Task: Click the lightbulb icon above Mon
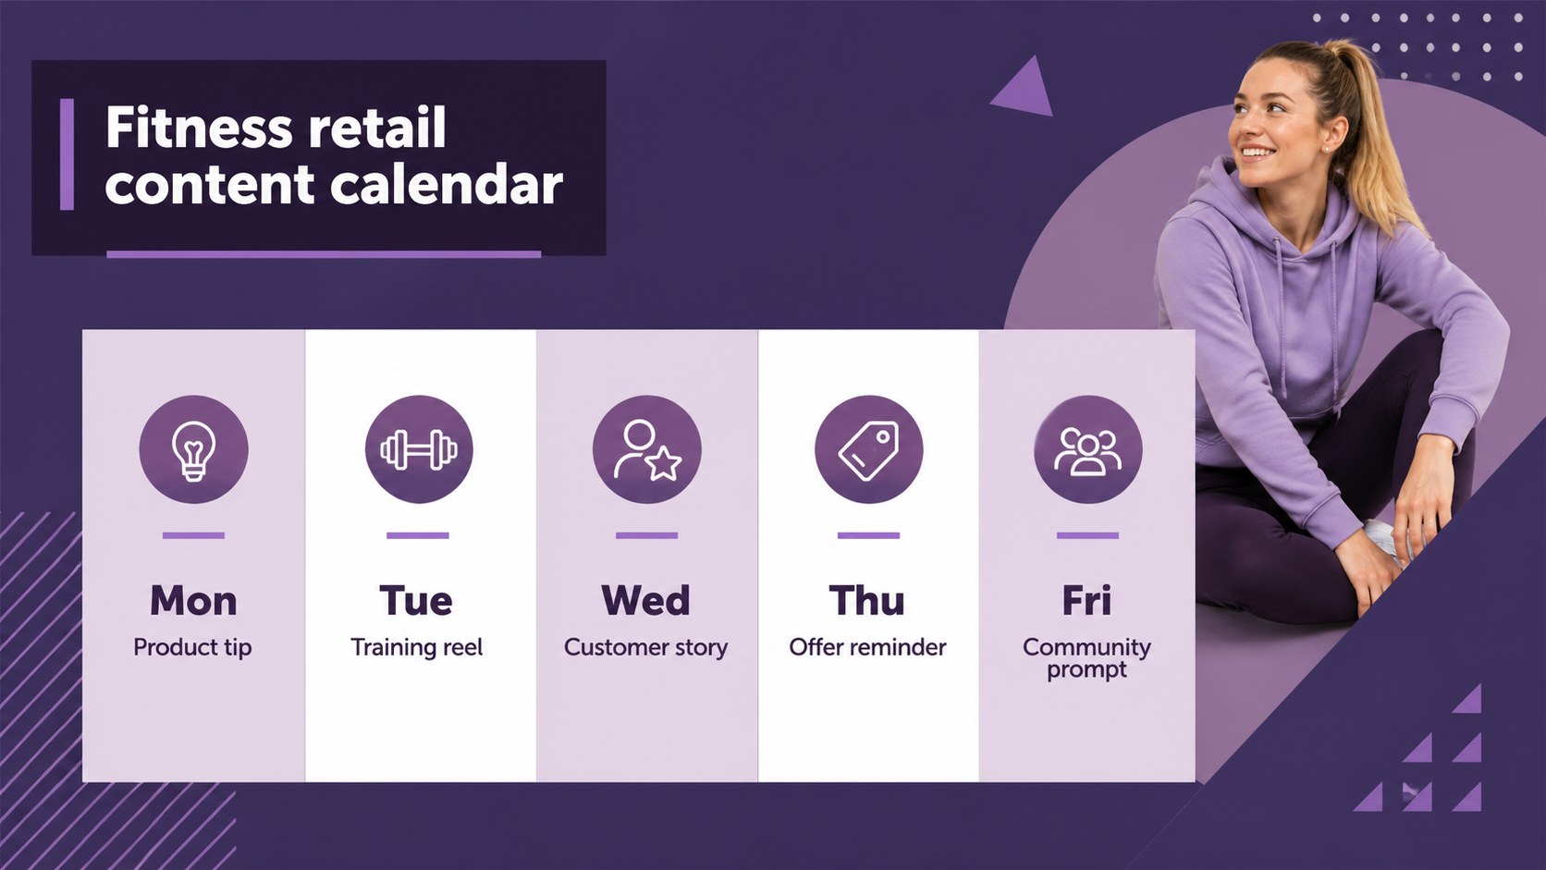[193, 450]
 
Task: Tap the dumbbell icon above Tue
[418, 450]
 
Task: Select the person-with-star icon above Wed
[646, 450]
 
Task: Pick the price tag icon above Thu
[868, 450]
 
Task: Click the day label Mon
[193, 601]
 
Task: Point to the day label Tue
[416, 601]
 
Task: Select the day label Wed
[645, 601]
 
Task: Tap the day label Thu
[867, 601]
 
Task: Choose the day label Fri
[1087, 601]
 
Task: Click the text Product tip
[192, 648]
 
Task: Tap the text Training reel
[417, 648]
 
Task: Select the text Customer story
[646, 648]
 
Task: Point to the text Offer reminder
[867, 647]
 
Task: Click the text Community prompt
[1087, 658]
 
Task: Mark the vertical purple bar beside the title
[67, 153]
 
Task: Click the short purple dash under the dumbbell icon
[418, 535]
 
